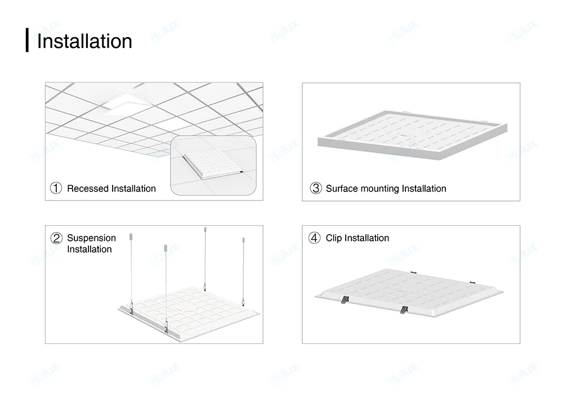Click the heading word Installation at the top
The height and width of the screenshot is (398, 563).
pos(84,42)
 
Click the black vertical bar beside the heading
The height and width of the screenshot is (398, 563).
pos(27,40)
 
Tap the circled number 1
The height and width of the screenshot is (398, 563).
pos(56,189)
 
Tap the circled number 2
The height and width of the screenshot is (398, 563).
pos(56,238)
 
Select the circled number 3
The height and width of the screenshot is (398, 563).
pos(315,189)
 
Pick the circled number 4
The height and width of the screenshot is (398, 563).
pos(315,238)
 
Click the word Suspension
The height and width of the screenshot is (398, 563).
pos(91,238)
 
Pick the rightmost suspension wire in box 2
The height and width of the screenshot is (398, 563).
pos(244,270)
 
